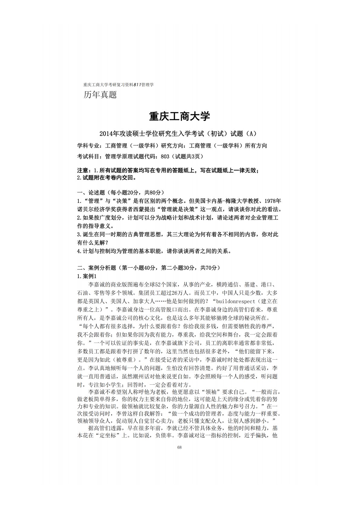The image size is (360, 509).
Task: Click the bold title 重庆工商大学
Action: pos(180,116)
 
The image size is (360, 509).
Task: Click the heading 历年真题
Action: pos(100,95)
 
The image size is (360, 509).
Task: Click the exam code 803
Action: pos(165,156)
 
